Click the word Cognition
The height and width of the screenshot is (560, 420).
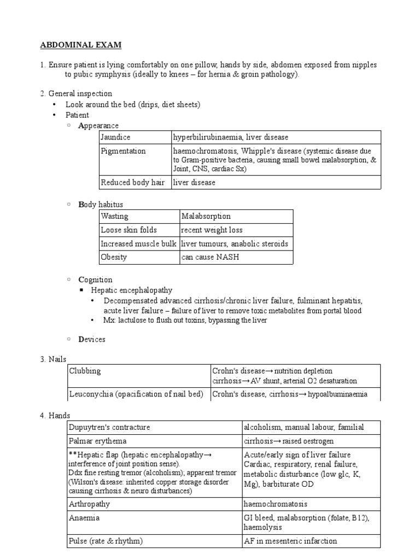[x=95, y=279]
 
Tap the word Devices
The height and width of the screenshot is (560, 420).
[x=92, y=339]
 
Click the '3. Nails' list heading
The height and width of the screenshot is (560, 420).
[x=53, y=359]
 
